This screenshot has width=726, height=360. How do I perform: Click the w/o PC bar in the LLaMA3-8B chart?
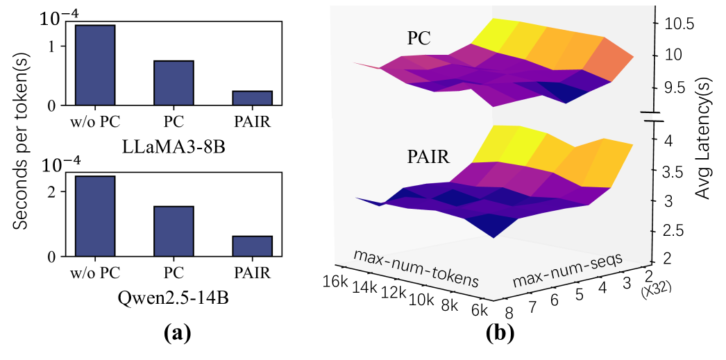94,65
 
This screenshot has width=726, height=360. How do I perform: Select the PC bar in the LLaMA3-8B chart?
174,83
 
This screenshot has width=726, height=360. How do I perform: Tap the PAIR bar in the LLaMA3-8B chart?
252,98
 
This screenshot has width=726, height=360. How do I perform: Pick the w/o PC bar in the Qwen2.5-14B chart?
94,216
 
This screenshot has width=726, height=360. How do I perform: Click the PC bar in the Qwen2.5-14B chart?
174,231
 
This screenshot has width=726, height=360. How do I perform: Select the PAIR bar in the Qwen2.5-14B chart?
252,246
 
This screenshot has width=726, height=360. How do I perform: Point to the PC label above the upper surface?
419,40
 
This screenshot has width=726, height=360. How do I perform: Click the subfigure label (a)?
177,334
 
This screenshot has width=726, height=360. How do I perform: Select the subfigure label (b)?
500,334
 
